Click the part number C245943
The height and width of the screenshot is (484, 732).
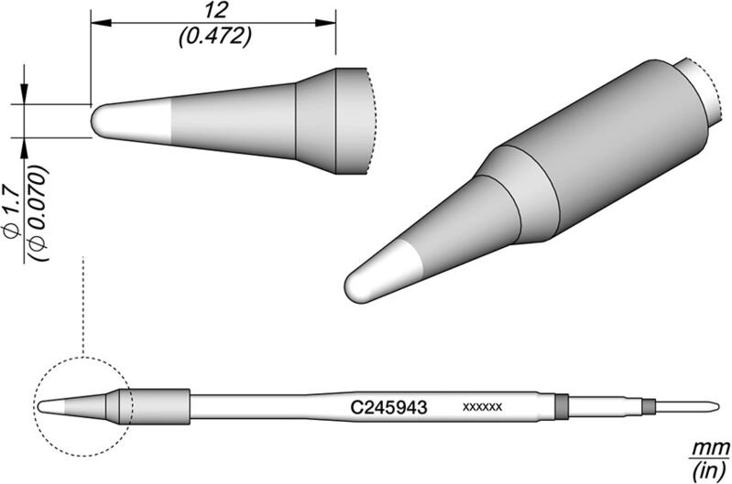385,404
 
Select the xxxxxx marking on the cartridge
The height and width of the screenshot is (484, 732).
482,404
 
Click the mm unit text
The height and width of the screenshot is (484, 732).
704,446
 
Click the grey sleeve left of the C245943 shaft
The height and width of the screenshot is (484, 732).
161,403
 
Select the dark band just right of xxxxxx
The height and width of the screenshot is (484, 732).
562,404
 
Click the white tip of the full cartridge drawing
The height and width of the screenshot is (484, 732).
50,403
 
